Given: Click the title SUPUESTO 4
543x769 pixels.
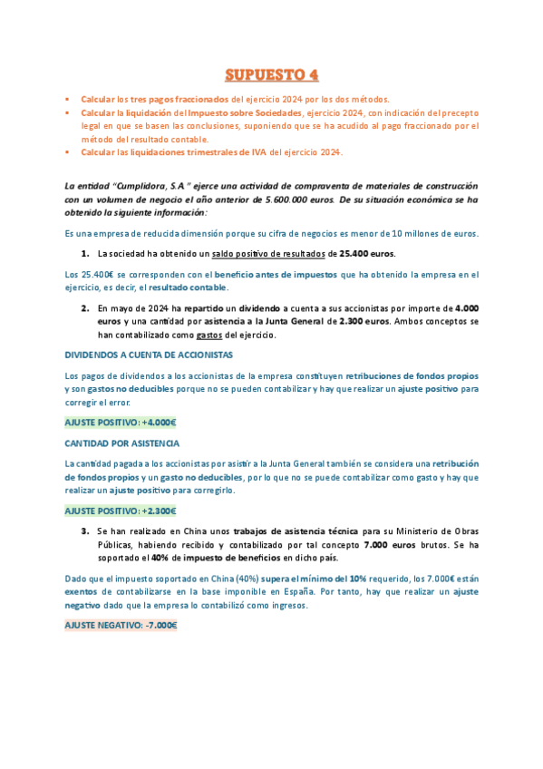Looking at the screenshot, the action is (271, 73).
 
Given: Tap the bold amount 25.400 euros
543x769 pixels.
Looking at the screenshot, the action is (362, 254).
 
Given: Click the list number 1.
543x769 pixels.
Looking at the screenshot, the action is (85, 254).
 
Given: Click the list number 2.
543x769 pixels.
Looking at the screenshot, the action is (85, 308).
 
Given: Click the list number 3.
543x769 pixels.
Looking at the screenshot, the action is (85, 531).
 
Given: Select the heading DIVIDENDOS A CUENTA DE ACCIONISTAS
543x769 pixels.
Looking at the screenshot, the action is (149, 355).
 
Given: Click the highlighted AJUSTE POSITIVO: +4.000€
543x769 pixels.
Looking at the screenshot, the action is (120, 422).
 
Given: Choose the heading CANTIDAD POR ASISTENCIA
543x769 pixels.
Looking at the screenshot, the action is (121, 443).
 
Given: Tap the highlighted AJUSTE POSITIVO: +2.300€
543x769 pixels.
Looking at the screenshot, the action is (120, 511).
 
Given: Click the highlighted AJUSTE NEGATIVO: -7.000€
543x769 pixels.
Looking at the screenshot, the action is (120, 625).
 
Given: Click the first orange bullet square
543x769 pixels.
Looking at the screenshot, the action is (67, 99).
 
